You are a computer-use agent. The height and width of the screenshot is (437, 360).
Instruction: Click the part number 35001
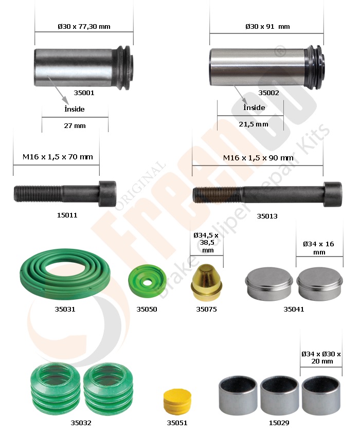coord(84,93)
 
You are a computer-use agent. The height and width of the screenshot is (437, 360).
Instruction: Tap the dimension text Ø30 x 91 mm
coord(267,26)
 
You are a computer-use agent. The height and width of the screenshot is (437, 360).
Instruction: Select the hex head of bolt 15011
coord(107,194)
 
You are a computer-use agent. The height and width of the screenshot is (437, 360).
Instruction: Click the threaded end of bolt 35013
coord(218,195)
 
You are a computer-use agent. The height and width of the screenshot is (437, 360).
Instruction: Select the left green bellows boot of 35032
coord(55,389)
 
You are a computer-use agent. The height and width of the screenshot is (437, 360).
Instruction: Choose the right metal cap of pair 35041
coord(319,284)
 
